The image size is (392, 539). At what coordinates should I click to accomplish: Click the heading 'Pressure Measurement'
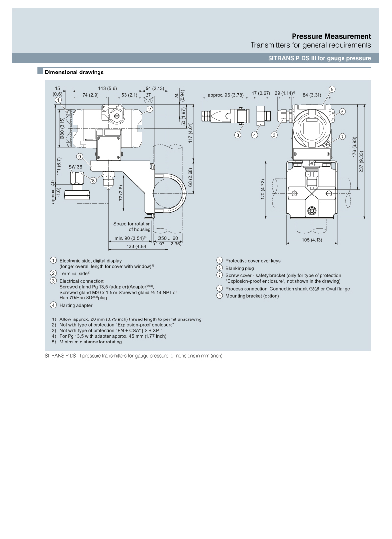331,36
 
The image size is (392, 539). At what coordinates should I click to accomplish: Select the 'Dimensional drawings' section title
74,72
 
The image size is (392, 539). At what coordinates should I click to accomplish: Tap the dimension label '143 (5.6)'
107,88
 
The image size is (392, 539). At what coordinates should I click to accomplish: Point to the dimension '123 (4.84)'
137,246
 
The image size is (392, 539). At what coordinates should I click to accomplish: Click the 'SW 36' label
75,167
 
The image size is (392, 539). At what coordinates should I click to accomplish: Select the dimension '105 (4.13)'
312,240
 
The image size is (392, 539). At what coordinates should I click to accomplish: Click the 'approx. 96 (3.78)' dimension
225,95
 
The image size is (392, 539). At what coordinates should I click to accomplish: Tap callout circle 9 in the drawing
80,157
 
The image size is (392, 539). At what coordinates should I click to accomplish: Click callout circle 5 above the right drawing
332,89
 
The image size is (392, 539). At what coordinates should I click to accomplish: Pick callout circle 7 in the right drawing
343,137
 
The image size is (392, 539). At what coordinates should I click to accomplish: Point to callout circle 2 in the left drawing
150,109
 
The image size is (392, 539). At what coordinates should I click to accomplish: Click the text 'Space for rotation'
132,224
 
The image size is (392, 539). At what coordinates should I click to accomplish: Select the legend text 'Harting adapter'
75,305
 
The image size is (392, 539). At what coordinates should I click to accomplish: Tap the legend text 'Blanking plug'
240,268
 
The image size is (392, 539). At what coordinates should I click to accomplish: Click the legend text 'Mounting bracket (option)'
252,296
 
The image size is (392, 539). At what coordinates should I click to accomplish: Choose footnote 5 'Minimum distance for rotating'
91,342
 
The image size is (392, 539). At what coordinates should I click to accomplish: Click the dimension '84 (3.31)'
312,95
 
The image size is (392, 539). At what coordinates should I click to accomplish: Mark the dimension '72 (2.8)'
121,193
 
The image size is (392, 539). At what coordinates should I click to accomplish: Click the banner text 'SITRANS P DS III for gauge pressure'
320,58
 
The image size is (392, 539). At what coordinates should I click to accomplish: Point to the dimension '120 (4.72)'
263,190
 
